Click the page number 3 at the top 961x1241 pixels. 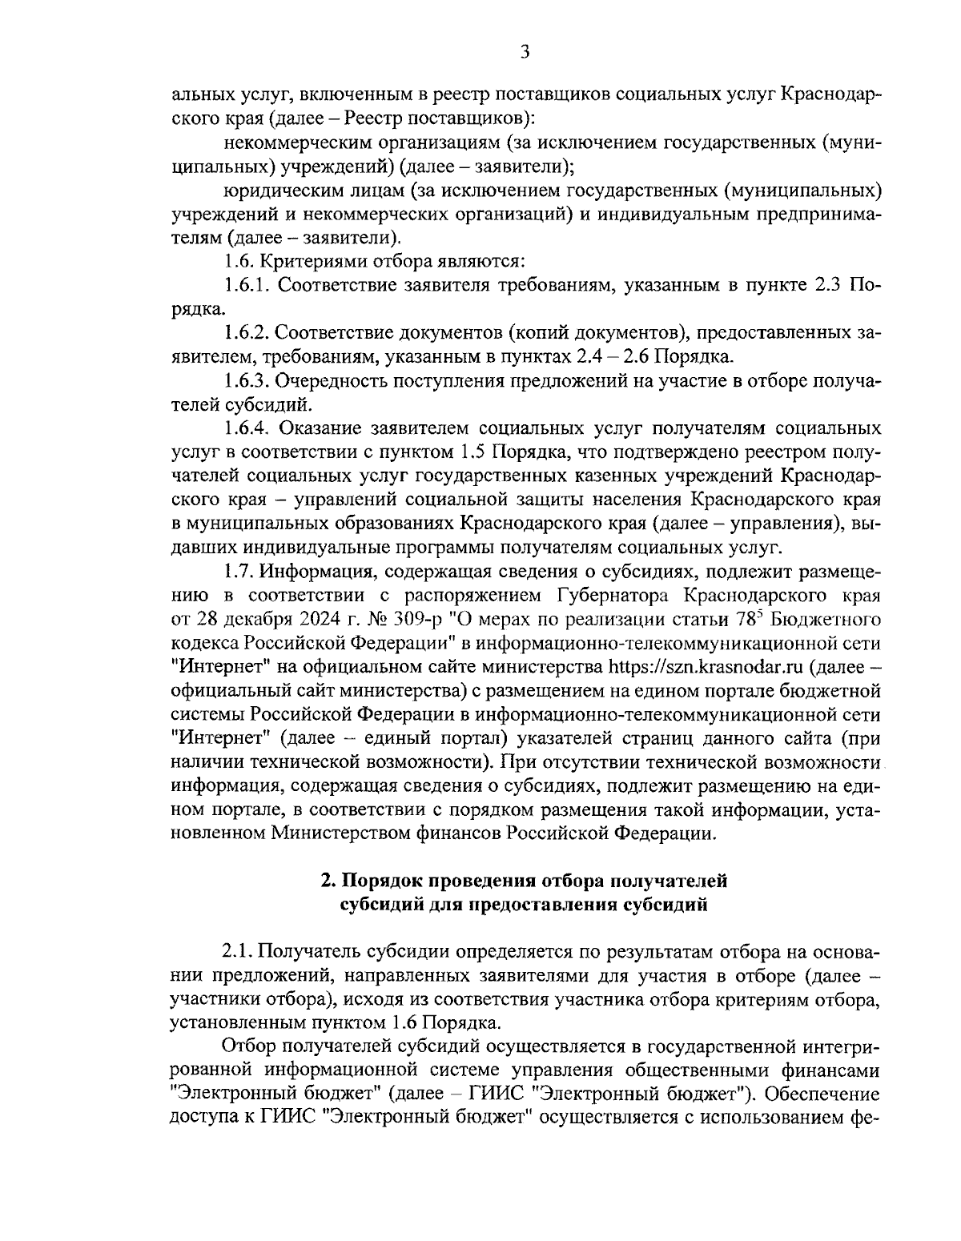pos(525,53)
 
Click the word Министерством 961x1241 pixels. pos(356,833)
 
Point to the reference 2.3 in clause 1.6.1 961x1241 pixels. pos(829,285)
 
